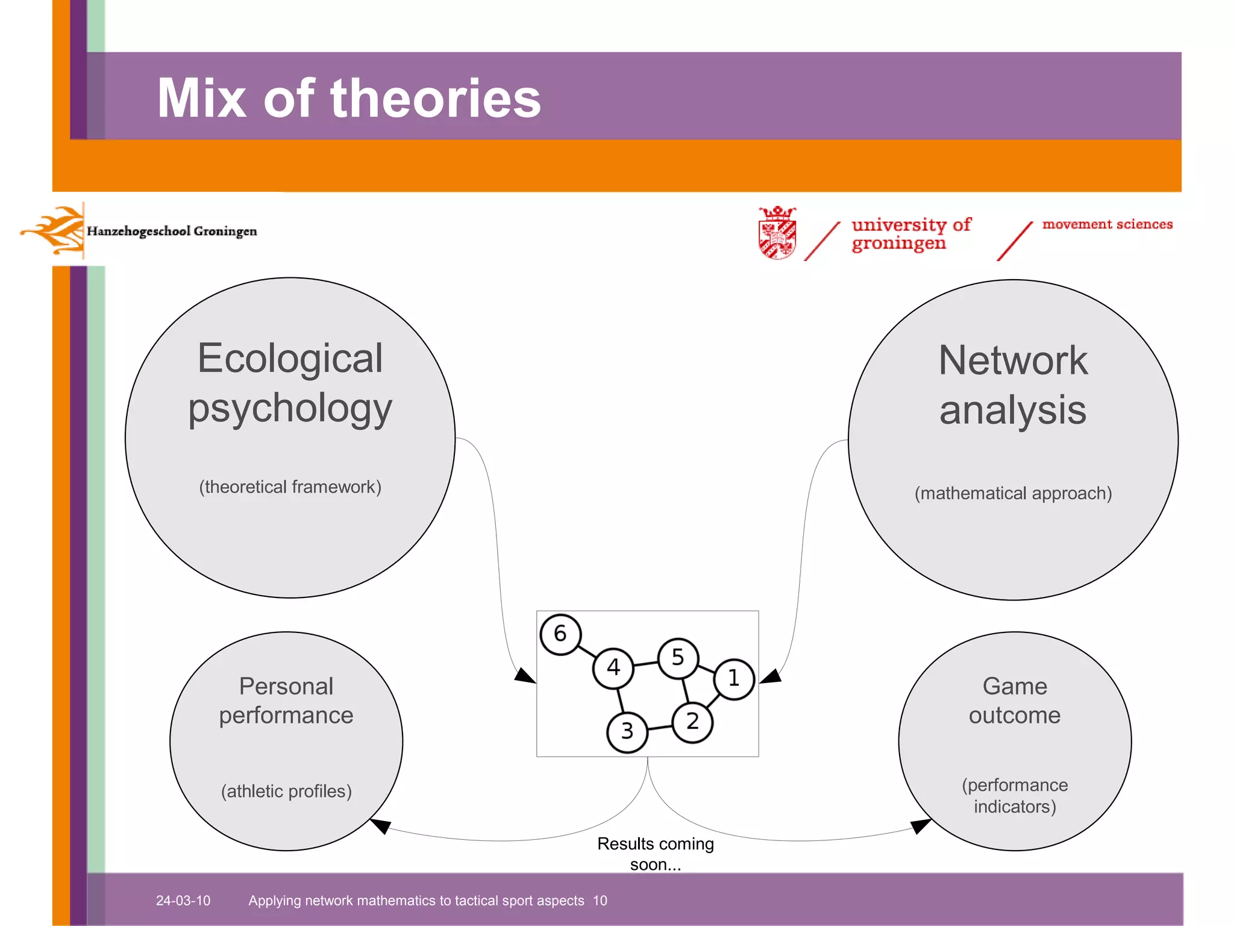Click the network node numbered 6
[x=560, y=634]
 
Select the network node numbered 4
[x=613, y=668]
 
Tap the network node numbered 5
[x=678, y=658]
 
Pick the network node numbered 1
[x=733, y=679]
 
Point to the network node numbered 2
[x=692, y=722]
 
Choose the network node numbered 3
[x=627, y=731]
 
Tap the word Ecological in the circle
[x=290, y=359]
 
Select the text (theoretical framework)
[x=290, y=487]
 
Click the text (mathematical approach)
[x=1013, y=493]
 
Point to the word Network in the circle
[x=1013, y=361]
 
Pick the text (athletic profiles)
[x=286, y=791]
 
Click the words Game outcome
[x=1015, y=701]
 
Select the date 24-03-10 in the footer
[x=183, y=901]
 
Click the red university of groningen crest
[x=777, y=233]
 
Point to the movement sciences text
[x=1107, y=224]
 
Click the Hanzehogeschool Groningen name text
[x=172, y=231]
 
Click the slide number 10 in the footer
[x=600, y=901]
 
